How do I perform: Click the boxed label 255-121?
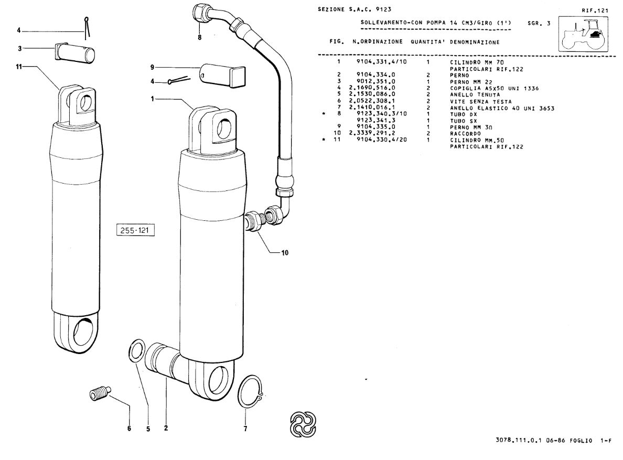pos(135,230)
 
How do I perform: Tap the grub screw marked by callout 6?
pos(99,393)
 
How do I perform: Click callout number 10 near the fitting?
pos(285,253)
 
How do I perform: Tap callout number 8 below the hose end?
pos(199,38)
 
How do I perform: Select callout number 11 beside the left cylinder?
pos(19,67)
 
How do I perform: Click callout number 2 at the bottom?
pos(166,428)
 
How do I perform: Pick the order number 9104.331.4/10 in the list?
pos(382,62)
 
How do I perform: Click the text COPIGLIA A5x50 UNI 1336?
pos(495,88)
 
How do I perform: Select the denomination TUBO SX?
pos(463,121)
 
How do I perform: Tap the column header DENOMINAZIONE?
pos(475,42)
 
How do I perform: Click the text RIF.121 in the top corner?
pos(595,10)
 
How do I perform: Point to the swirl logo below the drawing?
pos(303,424)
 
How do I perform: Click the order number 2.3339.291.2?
pos(372,133)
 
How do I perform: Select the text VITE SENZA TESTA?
pos(481,101)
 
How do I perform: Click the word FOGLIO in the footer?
pos(581,441)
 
